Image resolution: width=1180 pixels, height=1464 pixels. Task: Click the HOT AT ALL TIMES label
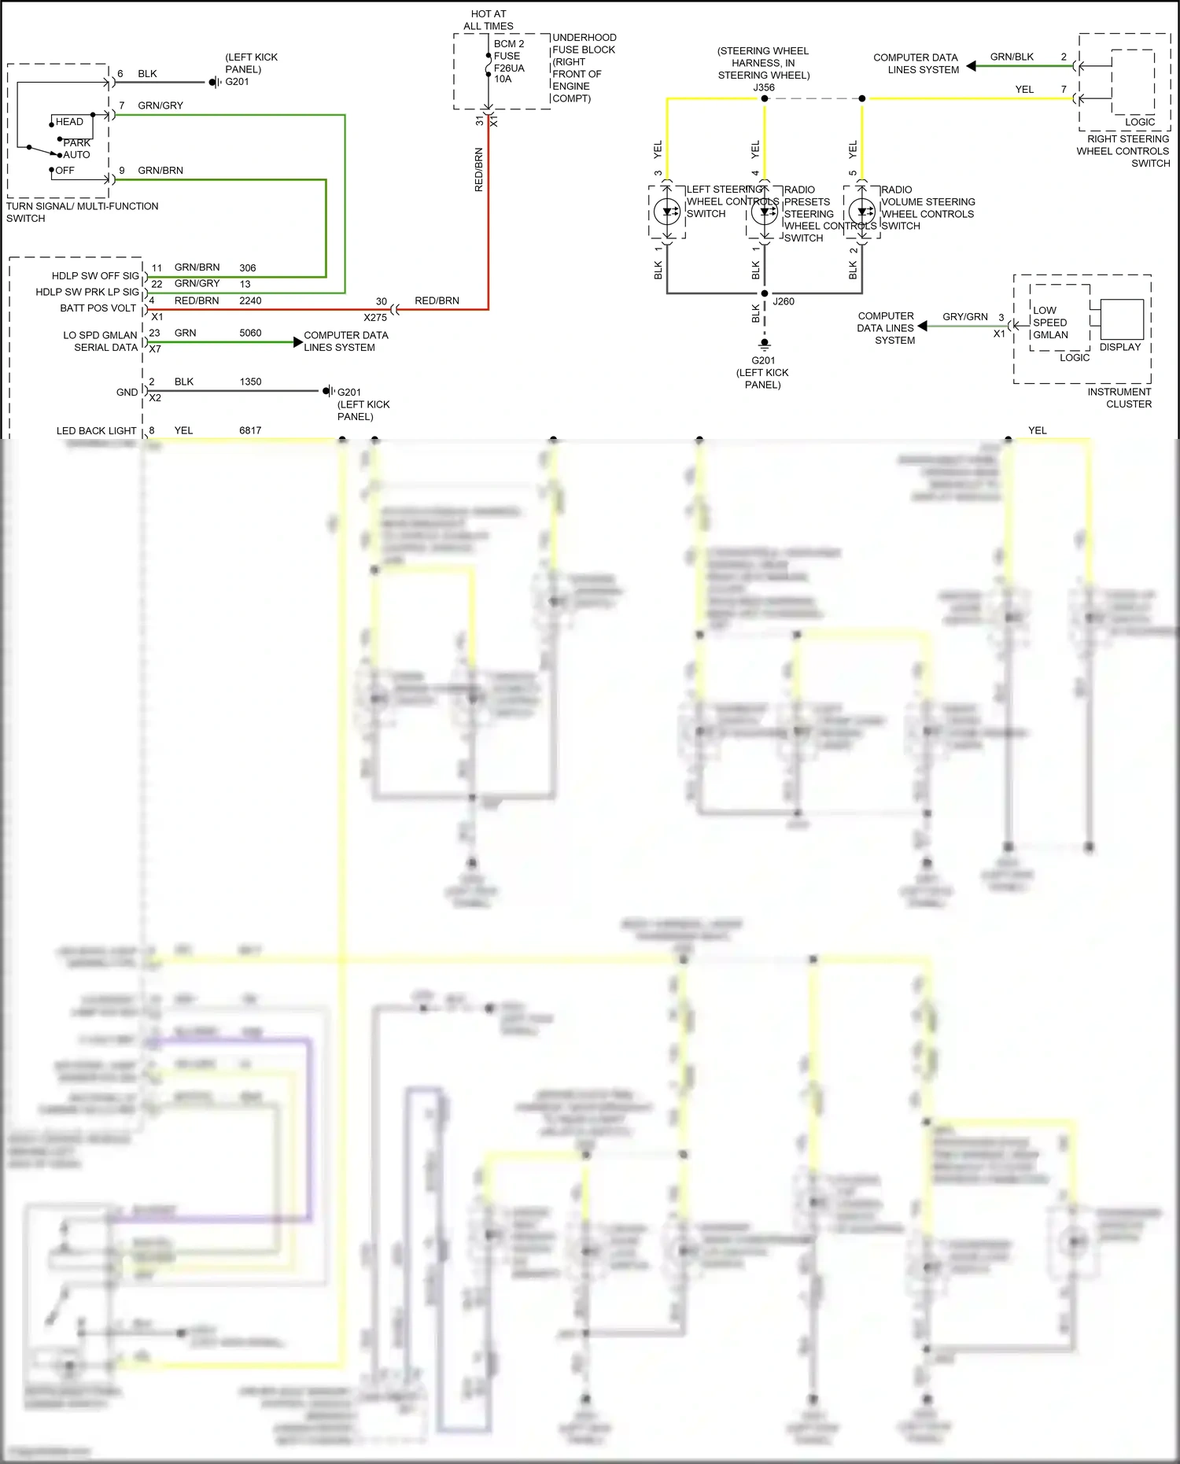click(x=489, y=20)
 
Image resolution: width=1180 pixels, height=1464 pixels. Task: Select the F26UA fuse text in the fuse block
click(x=509, y=68)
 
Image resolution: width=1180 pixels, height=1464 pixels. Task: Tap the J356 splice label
click(x=763, y=87)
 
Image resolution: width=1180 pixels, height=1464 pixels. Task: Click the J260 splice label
click(x=784, y=301)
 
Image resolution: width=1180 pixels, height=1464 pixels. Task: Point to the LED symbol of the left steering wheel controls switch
click(x=667, y=211)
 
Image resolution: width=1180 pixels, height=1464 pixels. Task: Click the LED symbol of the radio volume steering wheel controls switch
click(x=862, y=211)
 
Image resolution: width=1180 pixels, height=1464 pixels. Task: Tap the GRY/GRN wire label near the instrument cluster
click(x=964, y=316)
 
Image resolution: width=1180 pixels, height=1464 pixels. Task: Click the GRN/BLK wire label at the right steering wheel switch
click(x=1012, y=57)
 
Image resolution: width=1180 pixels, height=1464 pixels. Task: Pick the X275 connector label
click(x=375, y=318)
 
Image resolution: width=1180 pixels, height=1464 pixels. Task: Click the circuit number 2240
click(x=250, y=301)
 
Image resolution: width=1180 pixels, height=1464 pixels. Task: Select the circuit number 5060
click(x=250, y=333)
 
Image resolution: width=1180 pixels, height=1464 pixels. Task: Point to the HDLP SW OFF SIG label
click(x=95, y=275)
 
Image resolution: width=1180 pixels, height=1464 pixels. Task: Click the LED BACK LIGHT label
click(x=96, y=430)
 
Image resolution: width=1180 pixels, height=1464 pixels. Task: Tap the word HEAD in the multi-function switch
click(x=69, y=122)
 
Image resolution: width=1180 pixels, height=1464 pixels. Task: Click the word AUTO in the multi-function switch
click(x=76, y=155)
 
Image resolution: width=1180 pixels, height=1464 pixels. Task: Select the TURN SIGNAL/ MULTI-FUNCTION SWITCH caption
click(x=82, y=212)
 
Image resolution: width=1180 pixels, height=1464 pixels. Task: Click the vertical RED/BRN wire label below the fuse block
click(x=478, y=170)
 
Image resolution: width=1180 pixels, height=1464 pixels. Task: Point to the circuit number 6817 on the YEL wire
click(x=250, y=430)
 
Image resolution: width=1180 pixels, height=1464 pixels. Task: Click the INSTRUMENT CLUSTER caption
click(x=1119, y=398)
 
